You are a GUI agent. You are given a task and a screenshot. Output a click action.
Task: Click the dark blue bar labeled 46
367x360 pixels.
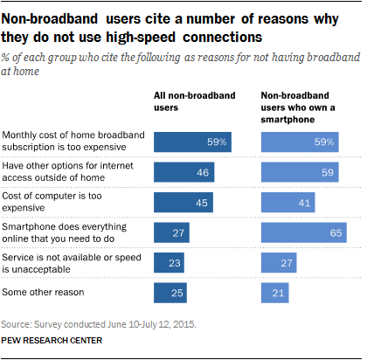pos(184,172)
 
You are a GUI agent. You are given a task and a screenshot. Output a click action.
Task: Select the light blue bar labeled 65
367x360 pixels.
pos(304,232)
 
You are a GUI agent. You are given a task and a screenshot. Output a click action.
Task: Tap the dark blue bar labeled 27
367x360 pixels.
pos(171,232)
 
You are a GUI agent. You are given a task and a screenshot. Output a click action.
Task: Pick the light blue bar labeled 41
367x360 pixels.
pos(288,203)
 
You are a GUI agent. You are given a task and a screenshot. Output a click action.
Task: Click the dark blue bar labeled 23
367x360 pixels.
pos(169,263)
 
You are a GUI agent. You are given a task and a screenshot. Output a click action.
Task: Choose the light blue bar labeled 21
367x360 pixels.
pos(275,293)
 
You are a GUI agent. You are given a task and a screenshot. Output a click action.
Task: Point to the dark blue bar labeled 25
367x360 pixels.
pos(170,293)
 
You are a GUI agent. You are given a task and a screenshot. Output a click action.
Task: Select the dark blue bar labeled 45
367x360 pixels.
pos(183,203)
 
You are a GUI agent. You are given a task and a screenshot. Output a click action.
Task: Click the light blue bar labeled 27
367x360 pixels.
pos(279,263)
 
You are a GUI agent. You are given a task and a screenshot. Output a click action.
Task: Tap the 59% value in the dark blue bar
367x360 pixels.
pos(217,142)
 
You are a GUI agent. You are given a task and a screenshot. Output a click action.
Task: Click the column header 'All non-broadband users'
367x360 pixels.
pos(195,101)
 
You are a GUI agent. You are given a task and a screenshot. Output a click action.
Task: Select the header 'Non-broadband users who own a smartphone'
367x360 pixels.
pos(298,107)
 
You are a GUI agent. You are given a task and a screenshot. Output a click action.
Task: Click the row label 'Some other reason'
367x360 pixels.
pos(43,292)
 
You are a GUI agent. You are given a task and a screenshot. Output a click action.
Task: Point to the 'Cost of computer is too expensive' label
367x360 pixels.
pos(52,202)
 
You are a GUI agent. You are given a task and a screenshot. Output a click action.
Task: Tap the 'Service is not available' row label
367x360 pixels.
pos(72,263)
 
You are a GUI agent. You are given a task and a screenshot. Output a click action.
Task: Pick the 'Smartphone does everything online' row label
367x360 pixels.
pos(65,232)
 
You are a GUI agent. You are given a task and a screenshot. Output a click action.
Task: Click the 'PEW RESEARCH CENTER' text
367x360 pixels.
pos(52,341)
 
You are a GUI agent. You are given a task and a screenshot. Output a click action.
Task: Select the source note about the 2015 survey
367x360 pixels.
pos(99,324)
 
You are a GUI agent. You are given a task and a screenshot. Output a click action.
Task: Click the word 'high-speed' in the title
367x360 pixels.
pos(141,38)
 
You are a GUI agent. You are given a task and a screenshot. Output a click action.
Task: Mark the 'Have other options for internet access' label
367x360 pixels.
pos(67,171)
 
